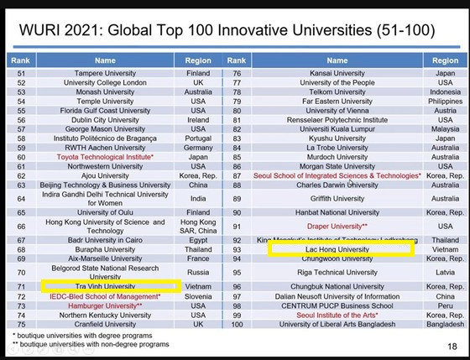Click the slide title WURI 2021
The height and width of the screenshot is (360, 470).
222,31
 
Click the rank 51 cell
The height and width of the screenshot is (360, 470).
22,74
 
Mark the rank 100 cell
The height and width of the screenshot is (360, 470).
237,324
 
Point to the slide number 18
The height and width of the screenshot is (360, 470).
452,345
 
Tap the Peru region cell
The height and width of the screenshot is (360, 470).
445,305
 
